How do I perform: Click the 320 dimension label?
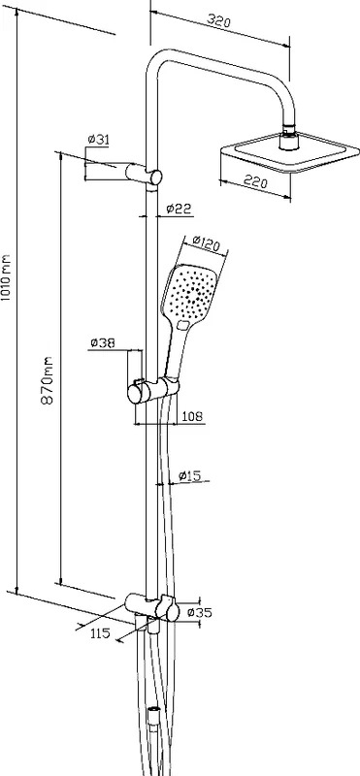tap(219, 21)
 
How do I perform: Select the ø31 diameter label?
tap(98, 140)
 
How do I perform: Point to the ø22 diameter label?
tap(179, 209)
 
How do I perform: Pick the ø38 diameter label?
tap(103, 342)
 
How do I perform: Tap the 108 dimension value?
tap(191, 416)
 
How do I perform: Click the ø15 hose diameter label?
tap(189, 476)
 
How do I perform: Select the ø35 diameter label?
tap(199, 613)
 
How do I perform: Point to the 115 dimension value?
tap(100, 633)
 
